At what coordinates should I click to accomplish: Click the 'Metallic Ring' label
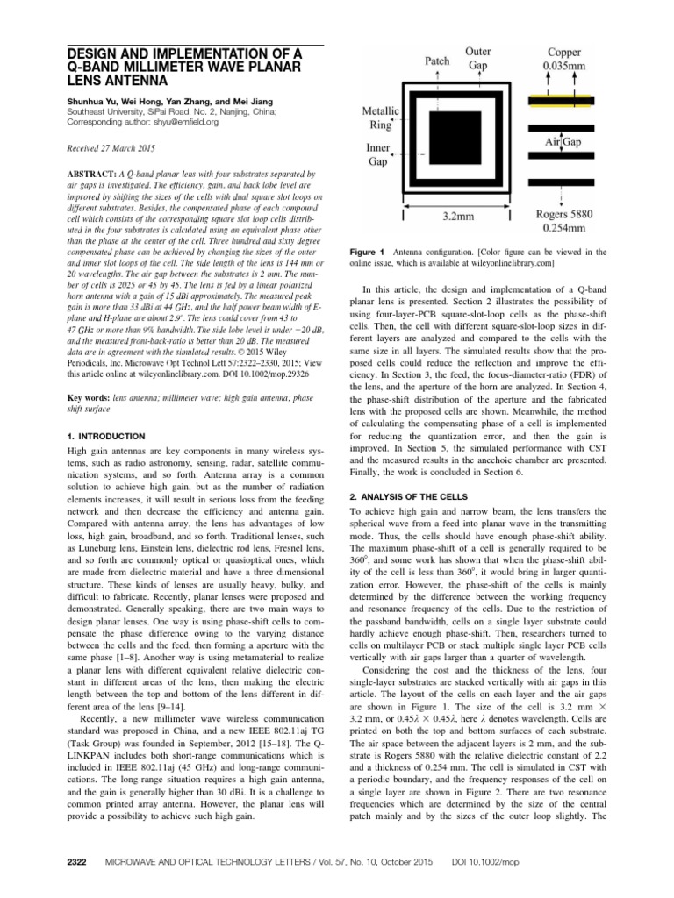tap(382, 119)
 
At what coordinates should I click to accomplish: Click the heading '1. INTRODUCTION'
tap(107, 436)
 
